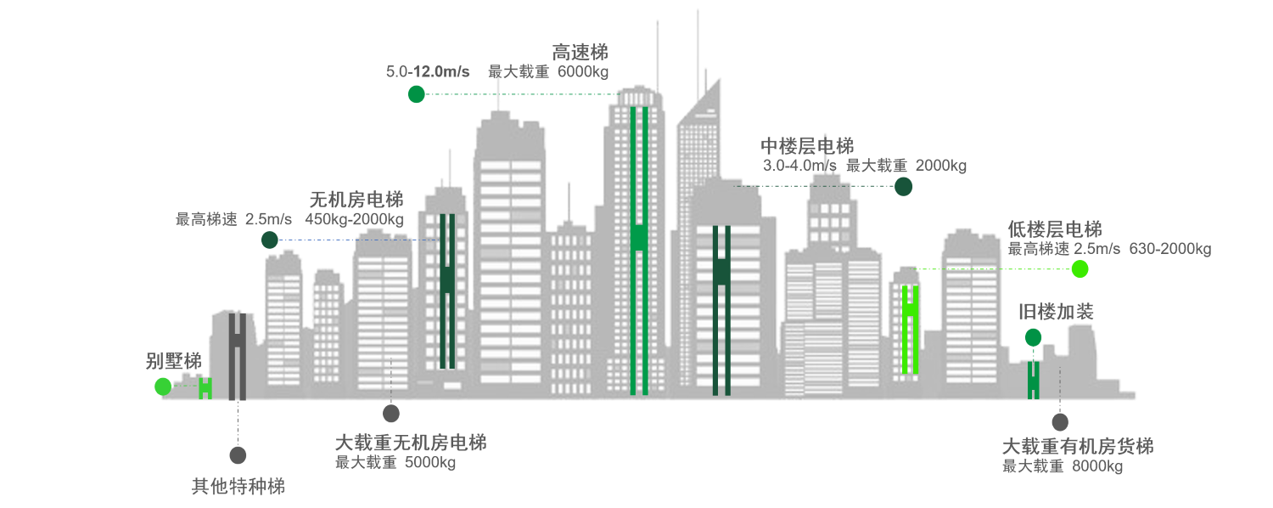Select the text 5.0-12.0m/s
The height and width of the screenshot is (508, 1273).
(x=428, y=71)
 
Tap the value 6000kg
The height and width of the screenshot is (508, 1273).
(x=583, y=71)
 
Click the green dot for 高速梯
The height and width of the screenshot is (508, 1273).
(x=416, y=94)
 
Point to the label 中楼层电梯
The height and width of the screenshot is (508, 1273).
(x=807, y=146)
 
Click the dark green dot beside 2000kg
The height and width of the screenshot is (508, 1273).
(x=904, y=187)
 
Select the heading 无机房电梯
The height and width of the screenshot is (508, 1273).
(x=356, y=200)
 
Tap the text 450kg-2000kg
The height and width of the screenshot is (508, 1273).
(x=354, y=219)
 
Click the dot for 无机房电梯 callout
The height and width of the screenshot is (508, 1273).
(x=270, y=240)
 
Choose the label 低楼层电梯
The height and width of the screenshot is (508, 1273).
(x=1055, y=229)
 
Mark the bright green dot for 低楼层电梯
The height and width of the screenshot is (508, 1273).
(x=1080, y=269)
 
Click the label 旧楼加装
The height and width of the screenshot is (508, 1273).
(x=1056, y=312)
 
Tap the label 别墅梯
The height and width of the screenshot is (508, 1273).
(x=174, y=361)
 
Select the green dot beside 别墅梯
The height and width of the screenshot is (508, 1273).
(x=163, y=387)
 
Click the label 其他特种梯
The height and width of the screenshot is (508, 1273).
(x=238, y=487)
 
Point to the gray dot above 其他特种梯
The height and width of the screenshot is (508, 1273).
(x=238, y=455)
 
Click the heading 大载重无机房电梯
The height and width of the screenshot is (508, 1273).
(x=411, y=443)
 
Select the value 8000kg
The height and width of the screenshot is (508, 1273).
(x=1097, y=466)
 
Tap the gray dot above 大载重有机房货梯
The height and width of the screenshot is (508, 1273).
(x=1059, y=421)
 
